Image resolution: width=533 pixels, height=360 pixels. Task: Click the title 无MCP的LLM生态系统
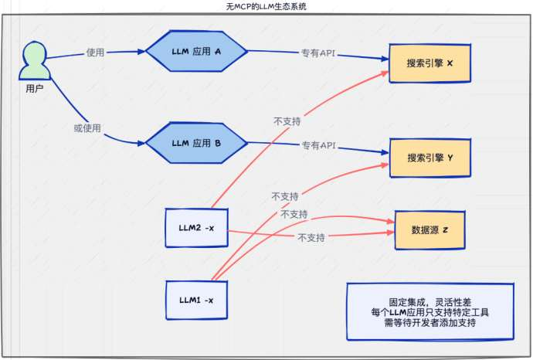click(266, 6)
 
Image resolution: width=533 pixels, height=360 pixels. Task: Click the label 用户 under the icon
click(34, 89)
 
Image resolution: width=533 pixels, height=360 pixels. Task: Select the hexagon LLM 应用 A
click(196, 52)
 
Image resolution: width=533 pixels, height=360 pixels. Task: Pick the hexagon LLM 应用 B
click(196, 143)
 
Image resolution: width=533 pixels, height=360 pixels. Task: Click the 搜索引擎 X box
click(429, 62)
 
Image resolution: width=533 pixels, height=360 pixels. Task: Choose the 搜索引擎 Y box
click(429, 158)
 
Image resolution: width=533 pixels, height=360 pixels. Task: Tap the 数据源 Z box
click(430, 230)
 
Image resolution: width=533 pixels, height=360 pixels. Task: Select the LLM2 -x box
click(197, 227)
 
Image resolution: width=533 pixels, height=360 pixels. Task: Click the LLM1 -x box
click(197, 299)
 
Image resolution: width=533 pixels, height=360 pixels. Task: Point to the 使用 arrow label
click(95, 53)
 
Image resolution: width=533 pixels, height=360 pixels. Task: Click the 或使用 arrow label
click(87, 127)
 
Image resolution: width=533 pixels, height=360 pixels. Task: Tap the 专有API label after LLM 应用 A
click(319, 54)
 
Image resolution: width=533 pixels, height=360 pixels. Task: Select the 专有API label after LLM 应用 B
click(317, 145)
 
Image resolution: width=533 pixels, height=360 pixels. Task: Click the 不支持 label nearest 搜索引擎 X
click(287, 121)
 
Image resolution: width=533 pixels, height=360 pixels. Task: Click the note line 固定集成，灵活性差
click(429, 302)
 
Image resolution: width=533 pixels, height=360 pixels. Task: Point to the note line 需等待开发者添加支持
click(429, 323)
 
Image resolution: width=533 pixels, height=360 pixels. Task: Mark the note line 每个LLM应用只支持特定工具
click(429, 313)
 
